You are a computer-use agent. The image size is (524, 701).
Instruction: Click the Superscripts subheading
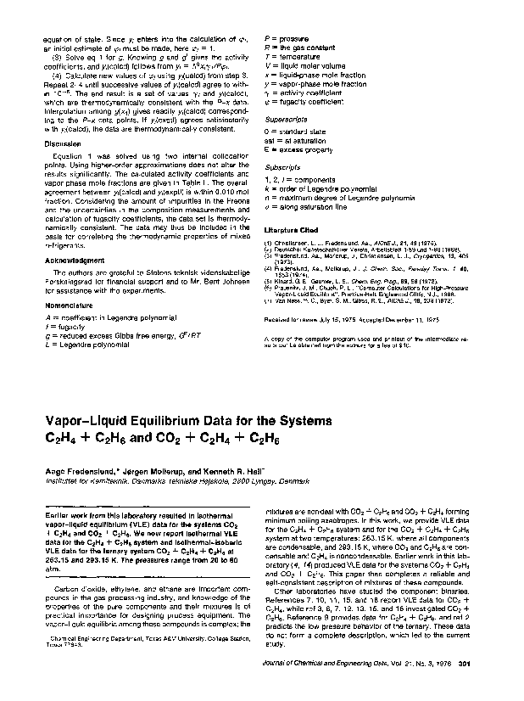point(286,120)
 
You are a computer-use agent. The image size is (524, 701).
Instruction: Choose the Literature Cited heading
point(293,230)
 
